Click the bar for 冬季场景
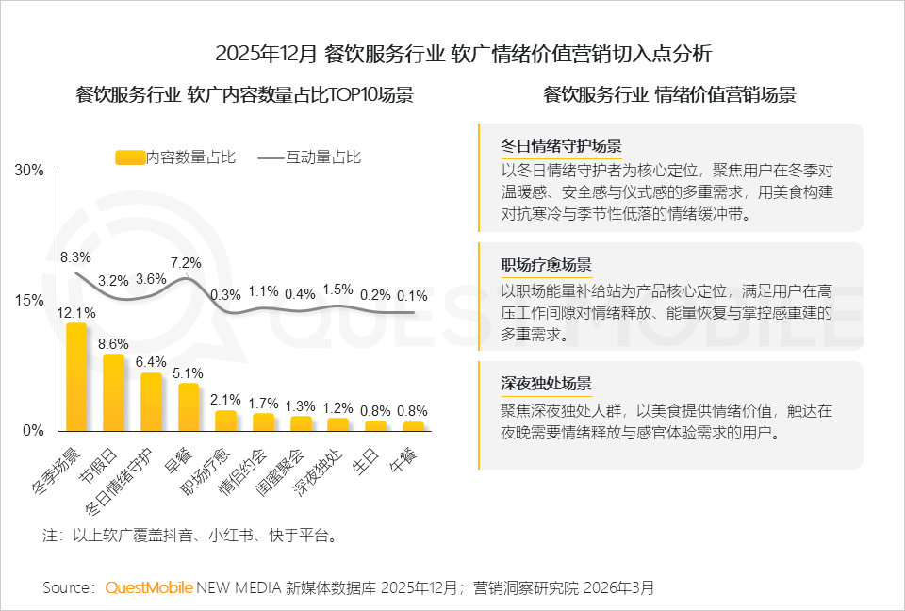[76, 377]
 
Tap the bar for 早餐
[189, 406]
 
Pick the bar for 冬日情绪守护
[151, 402]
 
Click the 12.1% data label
[75, 312]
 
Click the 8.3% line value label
[75, 256]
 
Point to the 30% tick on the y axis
[29, 171]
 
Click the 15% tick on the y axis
[29, 300]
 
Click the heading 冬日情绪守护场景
[561, 146]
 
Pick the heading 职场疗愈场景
[547, 265]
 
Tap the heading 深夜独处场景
[547, 384]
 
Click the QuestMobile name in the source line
[149, 587]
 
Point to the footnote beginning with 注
[189, 536]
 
